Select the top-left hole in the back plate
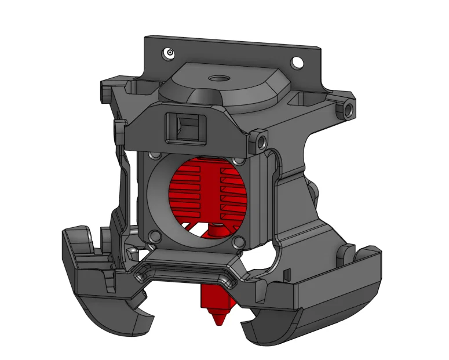click(x=169, y=53)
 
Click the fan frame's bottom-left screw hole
click(x=154, y=236)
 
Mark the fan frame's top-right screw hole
click(x=238, y=161)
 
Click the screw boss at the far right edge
click(x=349, y=108)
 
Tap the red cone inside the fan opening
click(x=216, y=231)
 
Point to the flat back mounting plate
click(x=232, y=55)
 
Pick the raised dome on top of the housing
click(x=223, y=87)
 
